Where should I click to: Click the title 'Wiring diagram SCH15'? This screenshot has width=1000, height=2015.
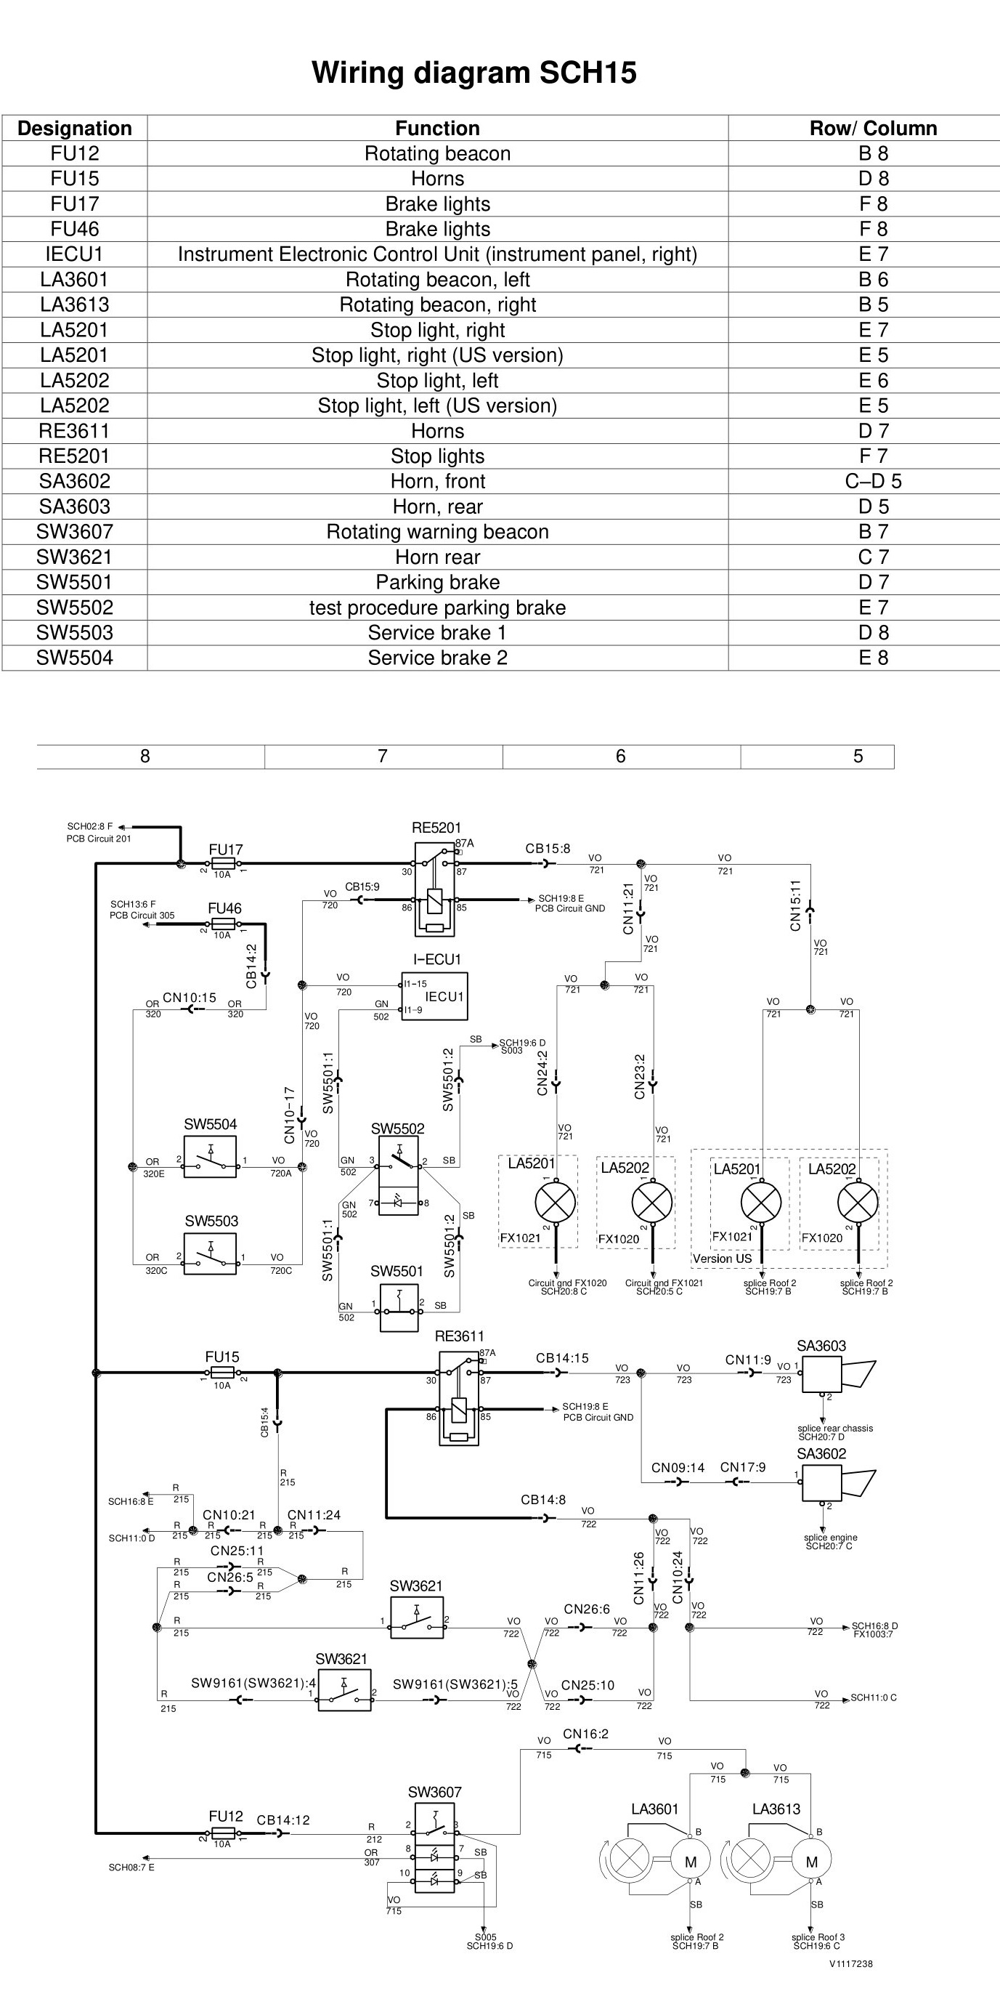[473, 73]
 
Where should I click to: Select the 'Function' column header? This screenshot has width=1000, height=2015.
[437, 129]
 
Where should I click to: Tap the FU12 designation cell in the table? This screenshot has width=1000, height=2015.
[75, 153]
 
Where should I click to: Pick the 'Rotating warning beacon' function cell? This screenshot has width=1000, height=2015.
[437, 532]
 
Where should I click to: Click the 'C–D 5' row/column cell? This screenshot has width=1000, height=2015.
[874, 481]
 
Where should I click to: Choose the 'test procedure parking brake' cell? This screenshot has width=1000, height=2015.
[437, 607]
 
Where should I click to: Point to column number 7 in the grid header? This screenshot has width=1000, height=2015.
[382, 756]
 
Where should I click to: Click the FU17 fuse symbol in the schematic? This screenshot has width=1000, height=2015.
[224, 863]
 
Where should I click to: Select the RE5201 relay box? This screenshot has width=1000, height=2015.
[434, 889]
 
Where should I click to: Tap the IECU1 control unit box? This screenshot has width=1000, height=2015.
[435, 996]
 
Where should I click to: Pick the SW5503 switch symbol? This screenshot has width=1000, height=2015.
[210, 1254]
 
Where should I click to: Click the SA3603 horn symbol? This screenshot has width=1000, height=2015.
[838, 1374]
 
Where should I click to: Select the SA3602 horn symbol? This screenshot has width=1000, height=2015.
[838, 1482]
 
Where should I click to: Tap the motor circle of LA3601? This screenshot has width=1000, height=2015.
[691, 1862]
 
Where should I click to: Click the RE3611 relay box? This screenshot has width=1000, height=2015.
[459, 1397]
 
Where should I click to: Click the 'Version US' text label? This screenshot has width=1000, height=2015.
[722, 1259]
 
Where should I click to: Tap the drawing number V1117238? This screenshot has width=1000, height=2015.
[850, 1963]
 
